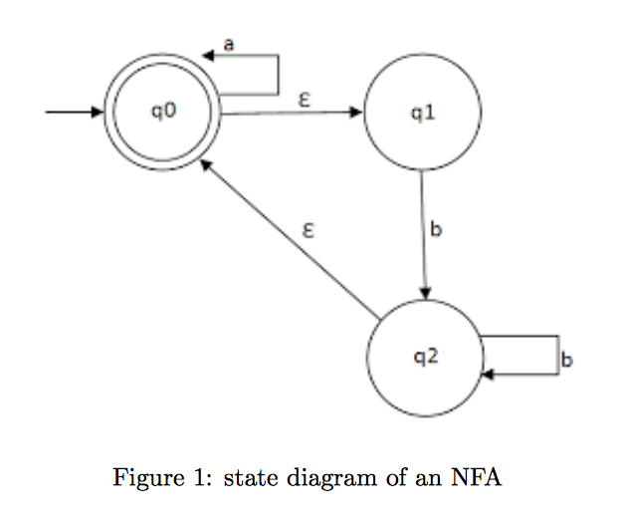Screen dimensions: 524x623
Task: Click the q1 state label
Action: [x=422, y=113]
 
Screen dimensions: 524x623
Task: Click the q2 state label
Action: [x=425, y=357]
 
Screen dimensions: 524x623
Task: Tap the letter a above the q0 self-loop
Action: [x=229, y=43]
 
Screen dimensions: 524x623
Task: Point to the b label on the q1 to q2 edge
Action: [x=435, y=230]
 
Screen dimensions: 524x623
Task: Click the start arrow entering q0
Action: [x=75, y=112]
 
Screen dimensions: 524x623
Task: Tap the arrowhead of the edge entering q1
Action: [x=357, y=112]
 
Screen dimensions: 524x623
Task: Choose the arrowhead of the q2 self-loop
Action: [x=488, y=375]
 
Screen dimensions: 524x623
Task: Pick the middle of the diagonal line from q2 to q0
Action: [x=291, y=242]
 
